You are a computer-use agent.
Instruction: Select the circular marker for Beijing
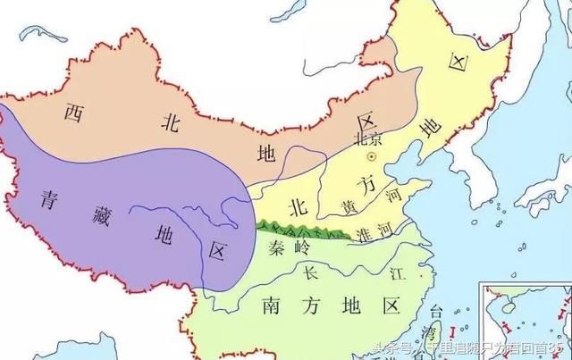[x=374, y=156]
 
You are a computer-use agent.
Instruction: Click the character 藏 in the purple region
[x=111, y=214]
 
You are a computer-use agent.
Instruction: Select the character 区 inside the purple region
[x=217, y=252]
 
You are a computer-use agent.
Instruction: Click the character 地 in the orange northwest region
[x=267, y=152]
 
